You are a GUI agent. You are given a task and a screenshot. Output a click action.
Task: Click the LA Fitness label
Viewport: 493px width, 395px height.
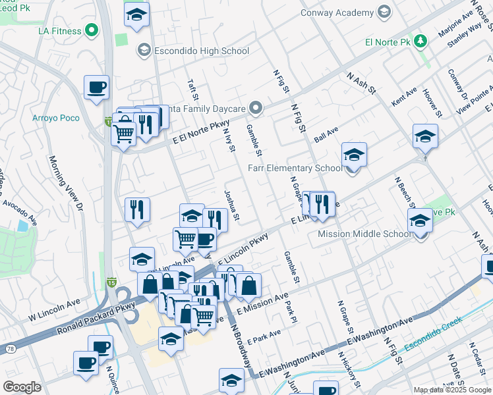click(x=60, y=31)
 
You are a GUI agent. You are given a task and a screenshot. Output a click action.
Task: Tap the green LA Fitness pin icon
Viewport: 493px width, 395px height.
click(x=92, y=30)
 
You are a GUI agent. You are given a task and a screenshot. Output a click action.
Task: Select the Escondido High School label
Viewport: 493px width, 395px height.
click(x=192, y=51)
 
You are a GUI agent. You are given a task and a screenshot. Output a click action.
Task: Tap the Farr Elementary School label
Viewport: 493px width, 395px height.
click(x=296, y=168)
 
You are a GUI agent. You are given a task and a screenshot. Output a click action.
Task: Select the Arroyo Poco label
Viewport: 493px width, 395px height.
click(x=56, y=118)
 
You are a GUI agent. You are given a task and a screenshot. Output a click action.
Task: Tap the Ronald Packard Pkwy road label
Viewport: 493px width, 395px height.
click(x=96, y=318)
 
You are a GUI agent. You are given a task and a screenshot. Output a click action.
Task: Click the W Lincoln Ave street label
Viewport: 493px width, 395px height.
click(x=53, y=310)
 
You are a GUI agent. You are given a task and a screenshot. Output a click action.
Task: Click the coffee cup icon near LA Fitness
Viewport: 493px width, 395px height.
click(x=96, y=88)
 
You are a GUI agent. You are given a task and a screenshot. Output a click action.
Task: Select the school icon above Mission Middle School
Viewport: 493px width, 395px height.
click(x=420, y=221)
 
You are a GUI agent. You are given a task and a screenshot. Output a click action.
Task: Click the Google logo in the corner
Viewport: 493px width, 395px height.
click(x=22, y=387)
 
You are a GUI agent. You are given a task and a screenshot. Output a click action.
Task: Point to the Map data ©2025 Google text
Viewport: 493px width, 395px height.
click(x=451, y=390)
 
